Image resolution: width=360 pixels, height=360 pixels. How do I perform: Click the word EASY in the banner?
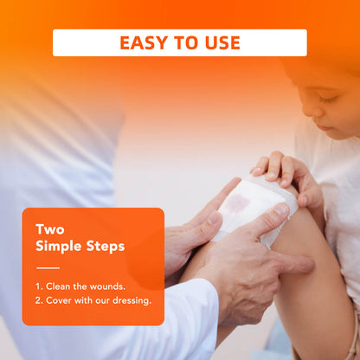point(144,42)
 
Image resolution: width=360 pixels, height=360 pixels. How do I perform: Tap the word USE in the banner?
point(222,42)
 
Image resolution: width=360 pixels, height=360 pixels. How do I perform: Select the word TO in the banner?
point(186,42)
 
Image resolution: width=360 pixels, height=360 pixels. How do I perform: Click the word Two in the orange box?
point(50,229)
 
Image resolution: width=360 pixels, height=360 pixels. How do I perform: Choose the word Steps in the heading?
point(106,247)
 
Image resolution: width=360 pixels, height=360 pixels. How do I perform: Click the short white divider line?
point(48,268)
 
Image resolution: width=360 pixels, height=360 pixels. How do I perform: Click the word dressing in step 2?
point(132,300)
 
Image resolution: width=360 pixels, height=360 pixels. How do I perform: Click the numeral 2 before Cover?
point(38,300)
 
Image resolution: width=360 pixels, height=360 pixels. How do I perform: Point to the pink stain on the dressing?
point(237,202)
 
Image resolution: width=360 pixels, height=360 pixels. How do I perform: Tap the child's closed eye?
point(327,98)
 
